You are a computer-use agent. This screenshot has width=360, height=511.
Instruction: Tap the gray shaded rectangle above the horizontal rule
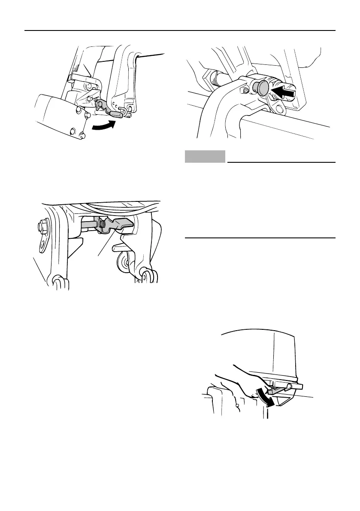coord(205,156)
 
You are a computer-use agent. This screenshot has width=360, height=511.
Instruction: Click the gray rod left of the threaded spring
coord(88,224)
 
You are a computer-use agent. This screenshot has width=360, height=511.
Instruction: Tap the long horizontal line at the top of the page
coord(180,30)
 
